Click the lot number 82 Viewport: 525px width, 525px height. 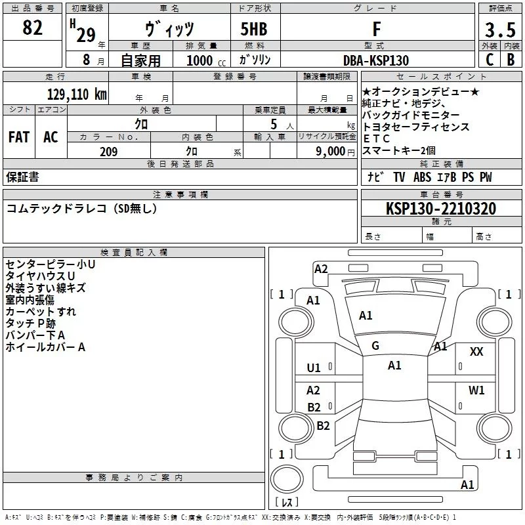click(x=32, y=28)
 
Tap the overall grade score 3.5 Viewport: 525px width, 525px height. click(x=500, y=30)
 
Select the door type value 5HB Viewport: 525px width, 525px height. click(x=254, y=29)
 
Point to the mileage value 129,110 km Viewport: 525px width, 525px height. click(x=77, y=94)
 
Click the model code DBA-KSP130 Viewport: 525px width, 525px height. click(x=376, y=60)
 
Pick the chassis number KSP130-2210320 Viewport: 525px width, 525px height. click(x=441, y=209)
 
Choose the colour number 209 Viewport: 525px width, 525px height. click(x=109, y=152)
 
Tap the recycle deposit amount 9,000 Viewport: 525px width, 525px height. click(x=330, y=152)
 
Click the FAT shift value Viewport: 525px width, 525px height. click(x=19, y=137)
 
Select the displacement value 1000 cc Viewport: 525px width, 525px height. click(x=206, y=60)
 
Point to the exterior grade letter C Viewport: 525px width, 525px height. click(x=490, y=60)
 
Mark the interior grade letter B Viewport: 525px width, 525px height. click(x=511, y=60)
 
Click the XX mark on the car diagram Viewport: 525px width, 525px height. click(x=476, y=352)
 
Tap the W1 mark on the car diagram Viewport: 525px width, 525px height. click(x=476, y=390)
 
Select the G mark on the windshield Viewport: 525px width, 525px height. click(x=375, y=346)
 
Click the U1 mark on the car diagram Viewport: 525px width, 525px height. click(x=314, y=368)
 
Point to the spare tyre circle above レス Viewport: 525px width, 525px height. click(x=287, y=479)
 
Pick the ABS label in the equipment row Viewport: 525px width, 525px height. click(x=422, y=177)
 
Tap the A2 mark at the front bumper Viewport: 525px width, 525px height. click(x=321, y=269)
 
